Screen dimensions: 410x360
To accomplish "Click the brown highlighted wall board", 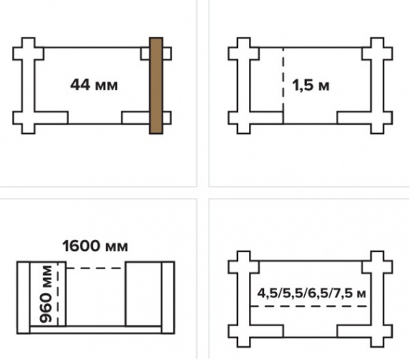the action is pyautogui.click(x=156, y=86).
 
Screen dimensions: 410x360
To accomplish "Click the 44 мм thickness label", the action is pyautogui.click(x=94, y=85).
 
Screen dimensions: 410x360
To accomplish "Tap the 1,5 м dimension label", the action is pyautogui.click(x=311, y=86).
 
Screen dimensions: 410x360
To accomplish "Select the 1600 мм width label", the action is pyautogui.click(x=95, y=246).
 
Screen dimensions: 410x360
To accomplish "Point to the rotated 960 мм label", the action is pyautogui.click(x=45, y=294).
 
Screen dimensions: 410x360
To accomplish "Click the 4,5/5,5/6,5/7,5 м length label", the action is pyautogui.click(x=311, y=293).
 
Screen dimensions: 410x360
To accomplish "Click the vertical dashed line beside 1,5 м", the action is pyautogui.click(x=283, y=79).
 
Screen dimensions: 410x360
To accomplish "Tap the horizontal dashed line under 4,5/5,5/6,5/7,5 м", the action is pyautogui.click(x=309, y=306).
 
